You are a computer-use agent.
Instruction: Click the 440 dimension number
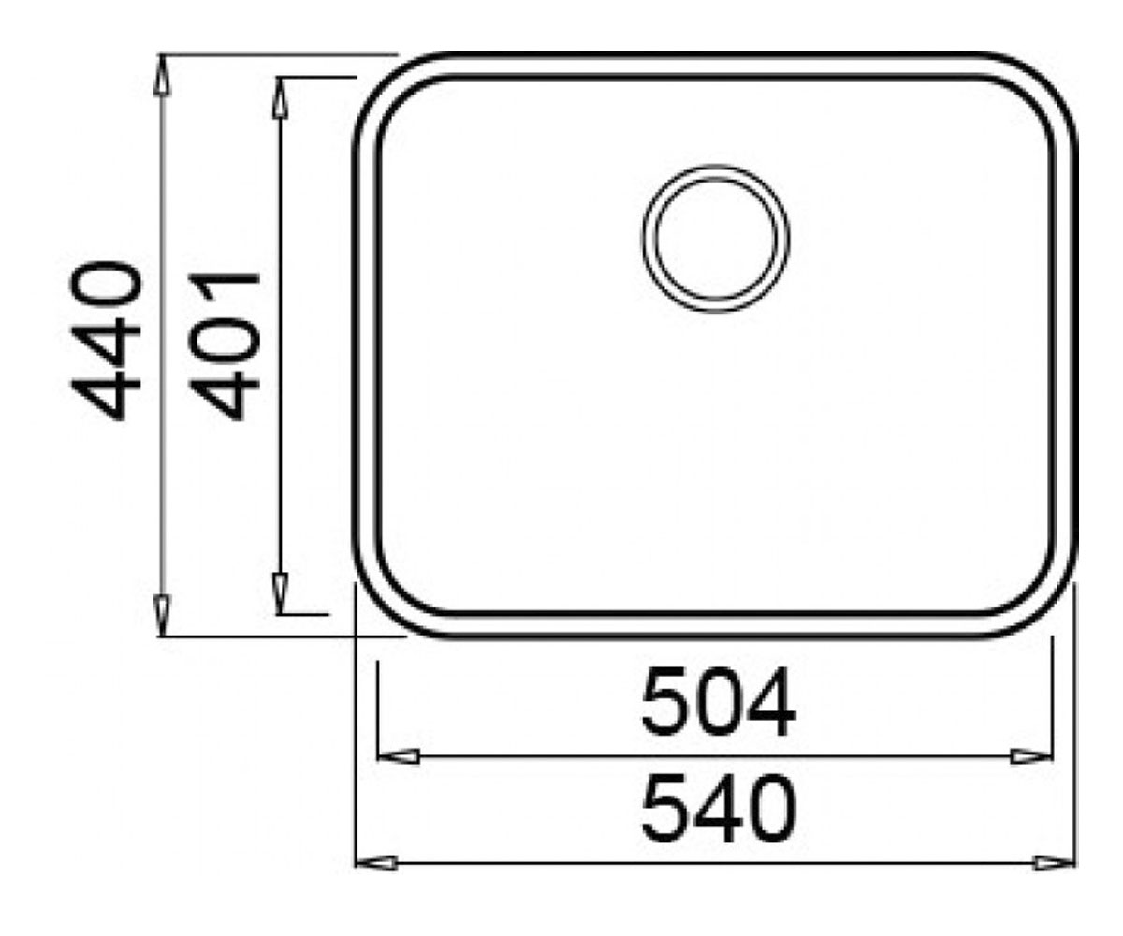coord(106,341)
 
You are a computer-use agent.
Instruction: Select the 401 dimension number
coord(225,347)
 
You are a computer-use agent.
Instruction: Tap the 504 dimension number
coord(719,703)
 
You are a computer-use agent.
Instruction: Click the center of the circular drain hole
coord(715,239)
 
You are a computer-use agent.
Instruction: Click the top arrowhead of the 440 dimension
coord(162,75)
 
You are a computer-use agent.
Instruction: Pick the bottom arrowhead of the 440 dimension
coord(162,616)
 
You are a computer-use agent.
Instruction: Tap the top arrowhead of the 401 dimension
coord(280,97)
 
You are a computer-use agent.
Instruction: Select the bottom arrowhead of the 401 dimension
coord(280,593)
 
